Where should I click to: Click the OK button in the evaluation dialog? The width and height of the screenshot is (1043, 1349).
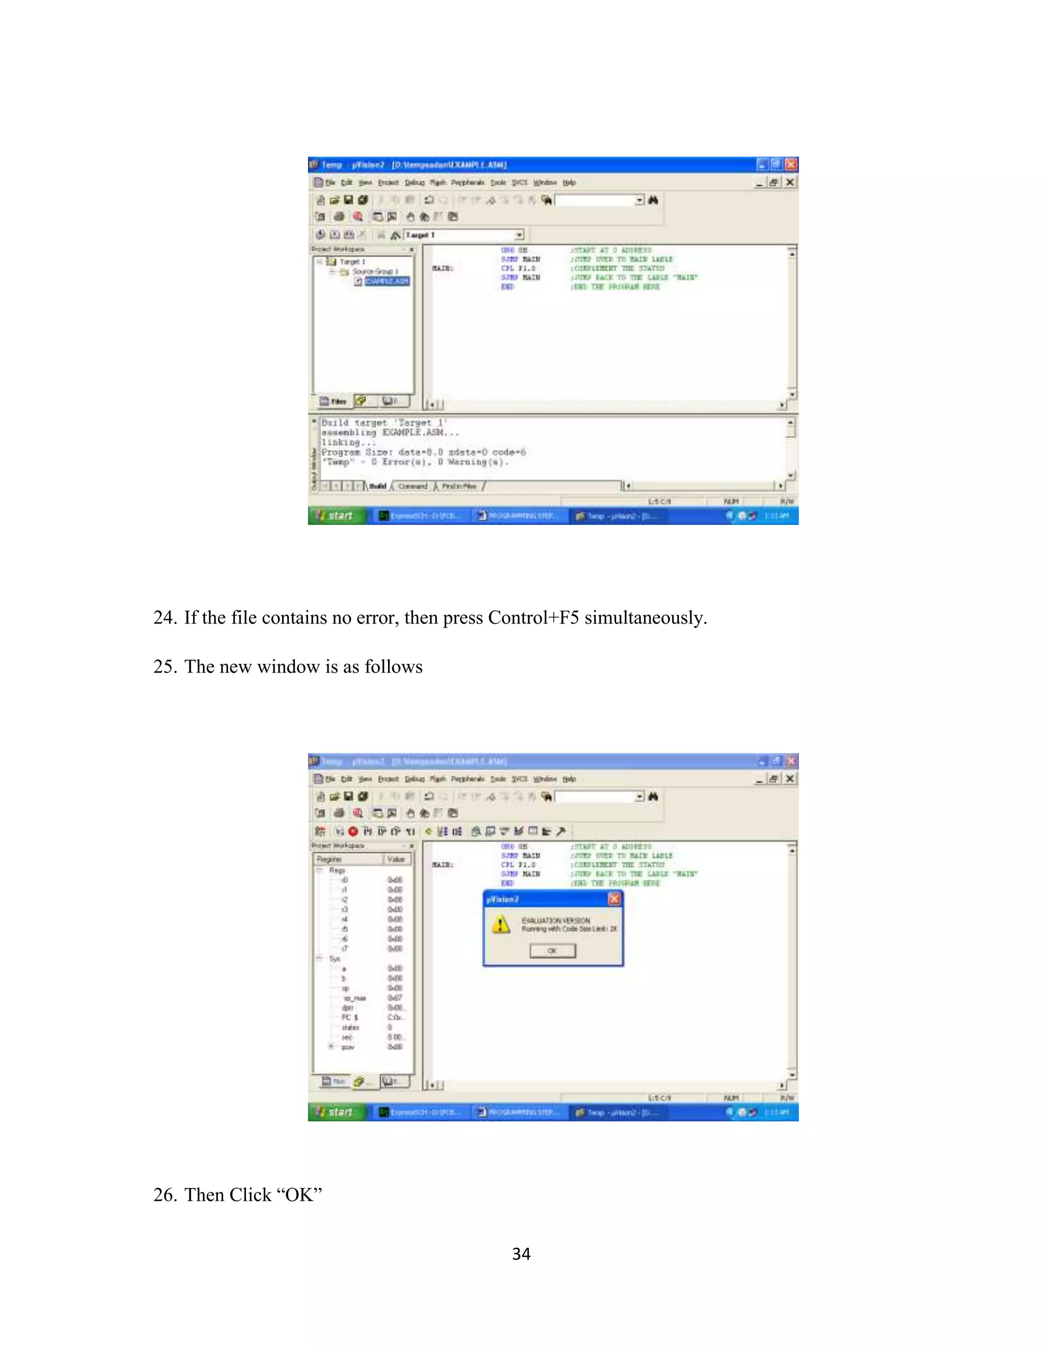pyautogui.click(x=553, y=950)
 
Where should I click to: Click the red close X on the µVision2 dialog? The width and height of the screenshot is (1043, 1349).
pyautogui.click(x=614, y=898)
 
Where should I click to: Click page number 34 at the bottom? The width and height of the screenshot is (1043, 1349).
pyautogui.click(x=521, y=1254)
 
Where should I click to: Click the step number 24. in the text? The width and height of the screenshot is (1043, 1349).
pyautogui.click(x=165, y=617)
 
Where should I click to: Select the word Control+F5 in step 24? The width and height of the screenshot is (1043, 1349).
pyautogui.click(x=533, y=617)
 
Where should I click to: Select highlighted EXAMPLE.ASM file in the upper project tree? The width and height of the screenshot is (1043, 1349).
pyautogui.click(x=387, y=281)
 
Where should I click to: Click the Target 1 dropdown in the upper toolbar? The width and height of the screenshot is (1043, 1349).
pyautogui.click(x=463, y=235)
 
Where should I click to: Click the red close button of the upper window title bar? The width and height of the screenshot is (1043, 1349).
pyautogui.click(x=790, y=164)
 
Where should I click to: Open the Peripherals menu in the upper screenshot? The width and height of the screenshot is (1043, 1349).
pyautogui.click(x=468, y=183)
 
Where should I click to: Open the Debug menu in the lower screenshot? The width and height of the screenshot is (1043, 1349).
pyautogui.click(x=415, y=779)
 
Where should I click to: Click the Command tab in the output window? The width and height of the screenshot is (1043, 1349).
pyautogui.click(x=413, y=487)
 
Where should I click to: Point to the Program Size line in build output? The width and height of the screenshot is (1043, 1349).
pyautogui.click(x=423, y=452)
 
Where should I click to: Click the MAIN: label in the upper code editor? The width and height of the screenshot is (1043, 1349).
pyautogui.click(x=443, y=269)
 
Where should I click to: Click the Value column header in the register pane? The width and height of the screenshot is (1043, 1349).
pyautogui.click(x=396, y=859)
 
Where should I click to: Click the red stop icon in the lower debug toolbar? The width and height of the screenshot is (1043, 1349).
pyautogui.click(x=353, y=831)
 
